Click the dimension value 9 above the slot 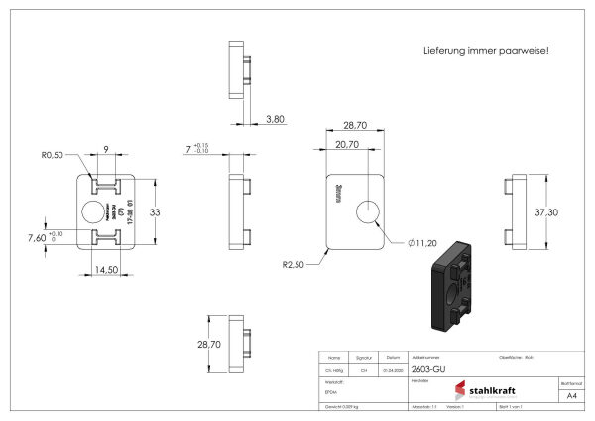click(x=105, y=151)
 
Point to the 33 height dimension click(x=155, y=211)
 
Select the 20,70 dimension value click(x=347, y=144)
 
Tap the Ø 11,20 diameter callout click(x=421, y=242)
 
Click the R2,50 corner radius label click(x=292, y=264)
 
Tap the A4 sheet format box click(x=570, y=395)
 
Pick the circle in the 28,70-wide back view click(x=370, y=211)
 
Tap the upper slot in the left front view click(x=105, y=186)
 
